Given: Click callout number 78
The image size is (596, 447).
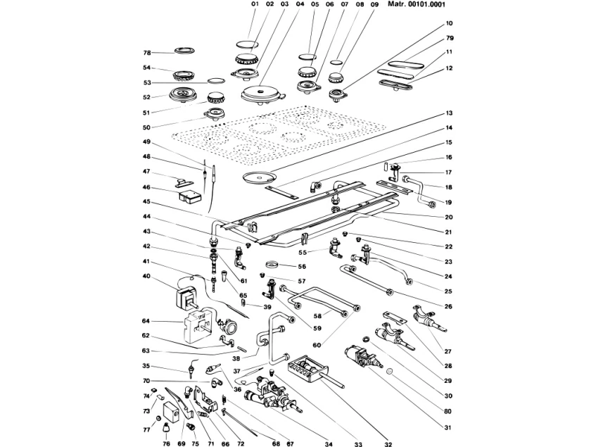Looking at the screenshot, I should pos(147,53).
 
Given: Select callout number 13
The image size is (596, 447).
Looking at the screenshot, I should pos(448,113).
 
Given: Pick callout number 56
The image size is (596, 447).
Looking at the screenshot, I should pos(302,267).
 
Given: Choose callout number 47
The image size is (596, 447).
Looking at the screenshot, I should pos(147,171).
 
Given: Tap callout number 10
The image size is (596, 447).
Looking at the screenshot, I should pos(448,23).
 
